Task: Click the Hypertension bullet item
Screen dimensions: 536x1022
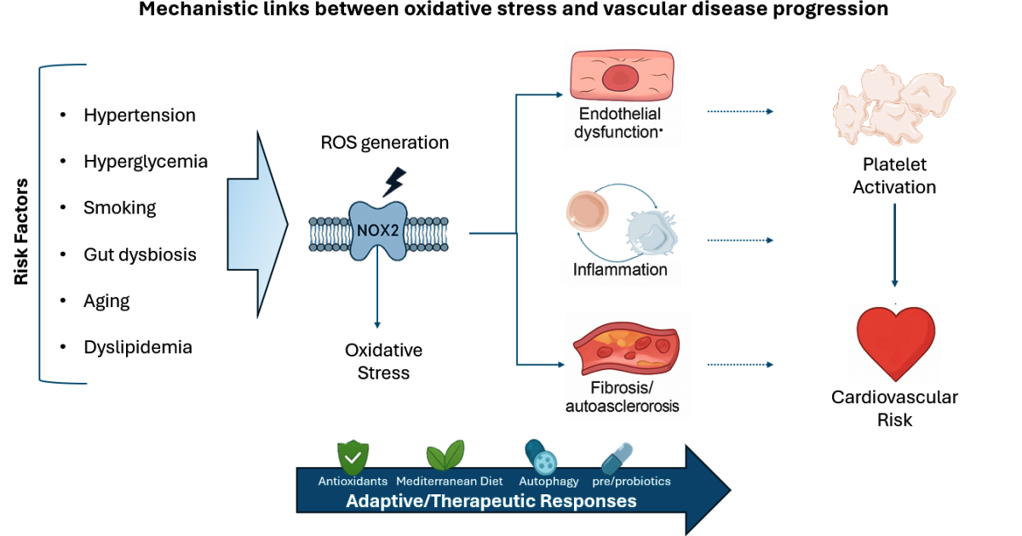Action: [x=139, y=115]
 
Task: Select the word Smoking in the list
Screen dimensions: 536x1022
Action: [x=119, y=208]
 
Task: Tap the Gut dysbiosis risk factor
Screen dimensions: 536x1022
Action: [x=140, y=254]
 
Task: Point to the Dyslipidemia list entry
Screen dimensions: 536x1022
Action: [x=137, y=347]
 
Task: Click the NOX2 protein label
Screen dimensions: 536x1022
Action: [x=376, y=229]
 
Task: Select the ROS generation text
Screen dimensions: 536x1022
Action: [x=384, y=142]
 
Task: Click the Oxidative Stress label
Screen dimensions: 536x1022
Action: [x=383, y=362]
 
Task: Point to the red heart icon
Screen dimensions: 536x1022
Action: [x=895, y=342]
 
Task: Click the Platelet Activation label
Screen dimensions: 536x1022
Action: [x=894, y=176]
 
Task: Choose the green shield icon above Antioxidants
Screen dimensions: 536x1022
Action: [x=352, y=457]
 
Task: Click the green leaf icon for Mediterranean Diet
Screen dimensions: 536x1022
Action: [x=445, y=456]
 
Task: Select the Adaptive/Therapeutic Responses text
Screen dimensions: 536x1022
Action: [x=491, y=501]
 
